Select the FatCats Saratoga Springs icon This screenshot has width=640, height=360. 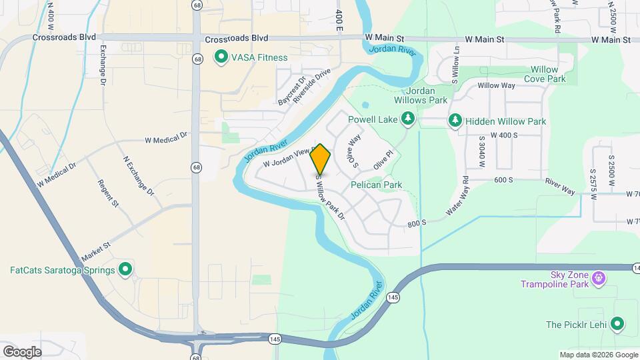125,270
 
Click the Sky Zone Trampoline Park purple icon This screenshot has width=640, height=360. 599,276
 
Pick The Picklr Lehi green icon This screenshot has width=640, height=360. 618,325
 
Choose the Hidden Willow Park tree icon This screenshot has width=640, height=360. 455,121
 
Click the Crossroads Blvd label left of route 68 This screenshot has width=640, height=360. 64,38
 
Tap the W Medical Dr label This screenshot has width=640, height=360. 166,139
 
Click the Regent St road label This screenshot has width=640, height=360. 107,193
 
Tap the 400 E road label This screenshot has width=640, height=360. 339,21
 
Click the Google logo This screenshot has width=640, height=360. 22,351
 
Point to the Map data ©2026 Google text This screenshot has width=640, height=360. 598,355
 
